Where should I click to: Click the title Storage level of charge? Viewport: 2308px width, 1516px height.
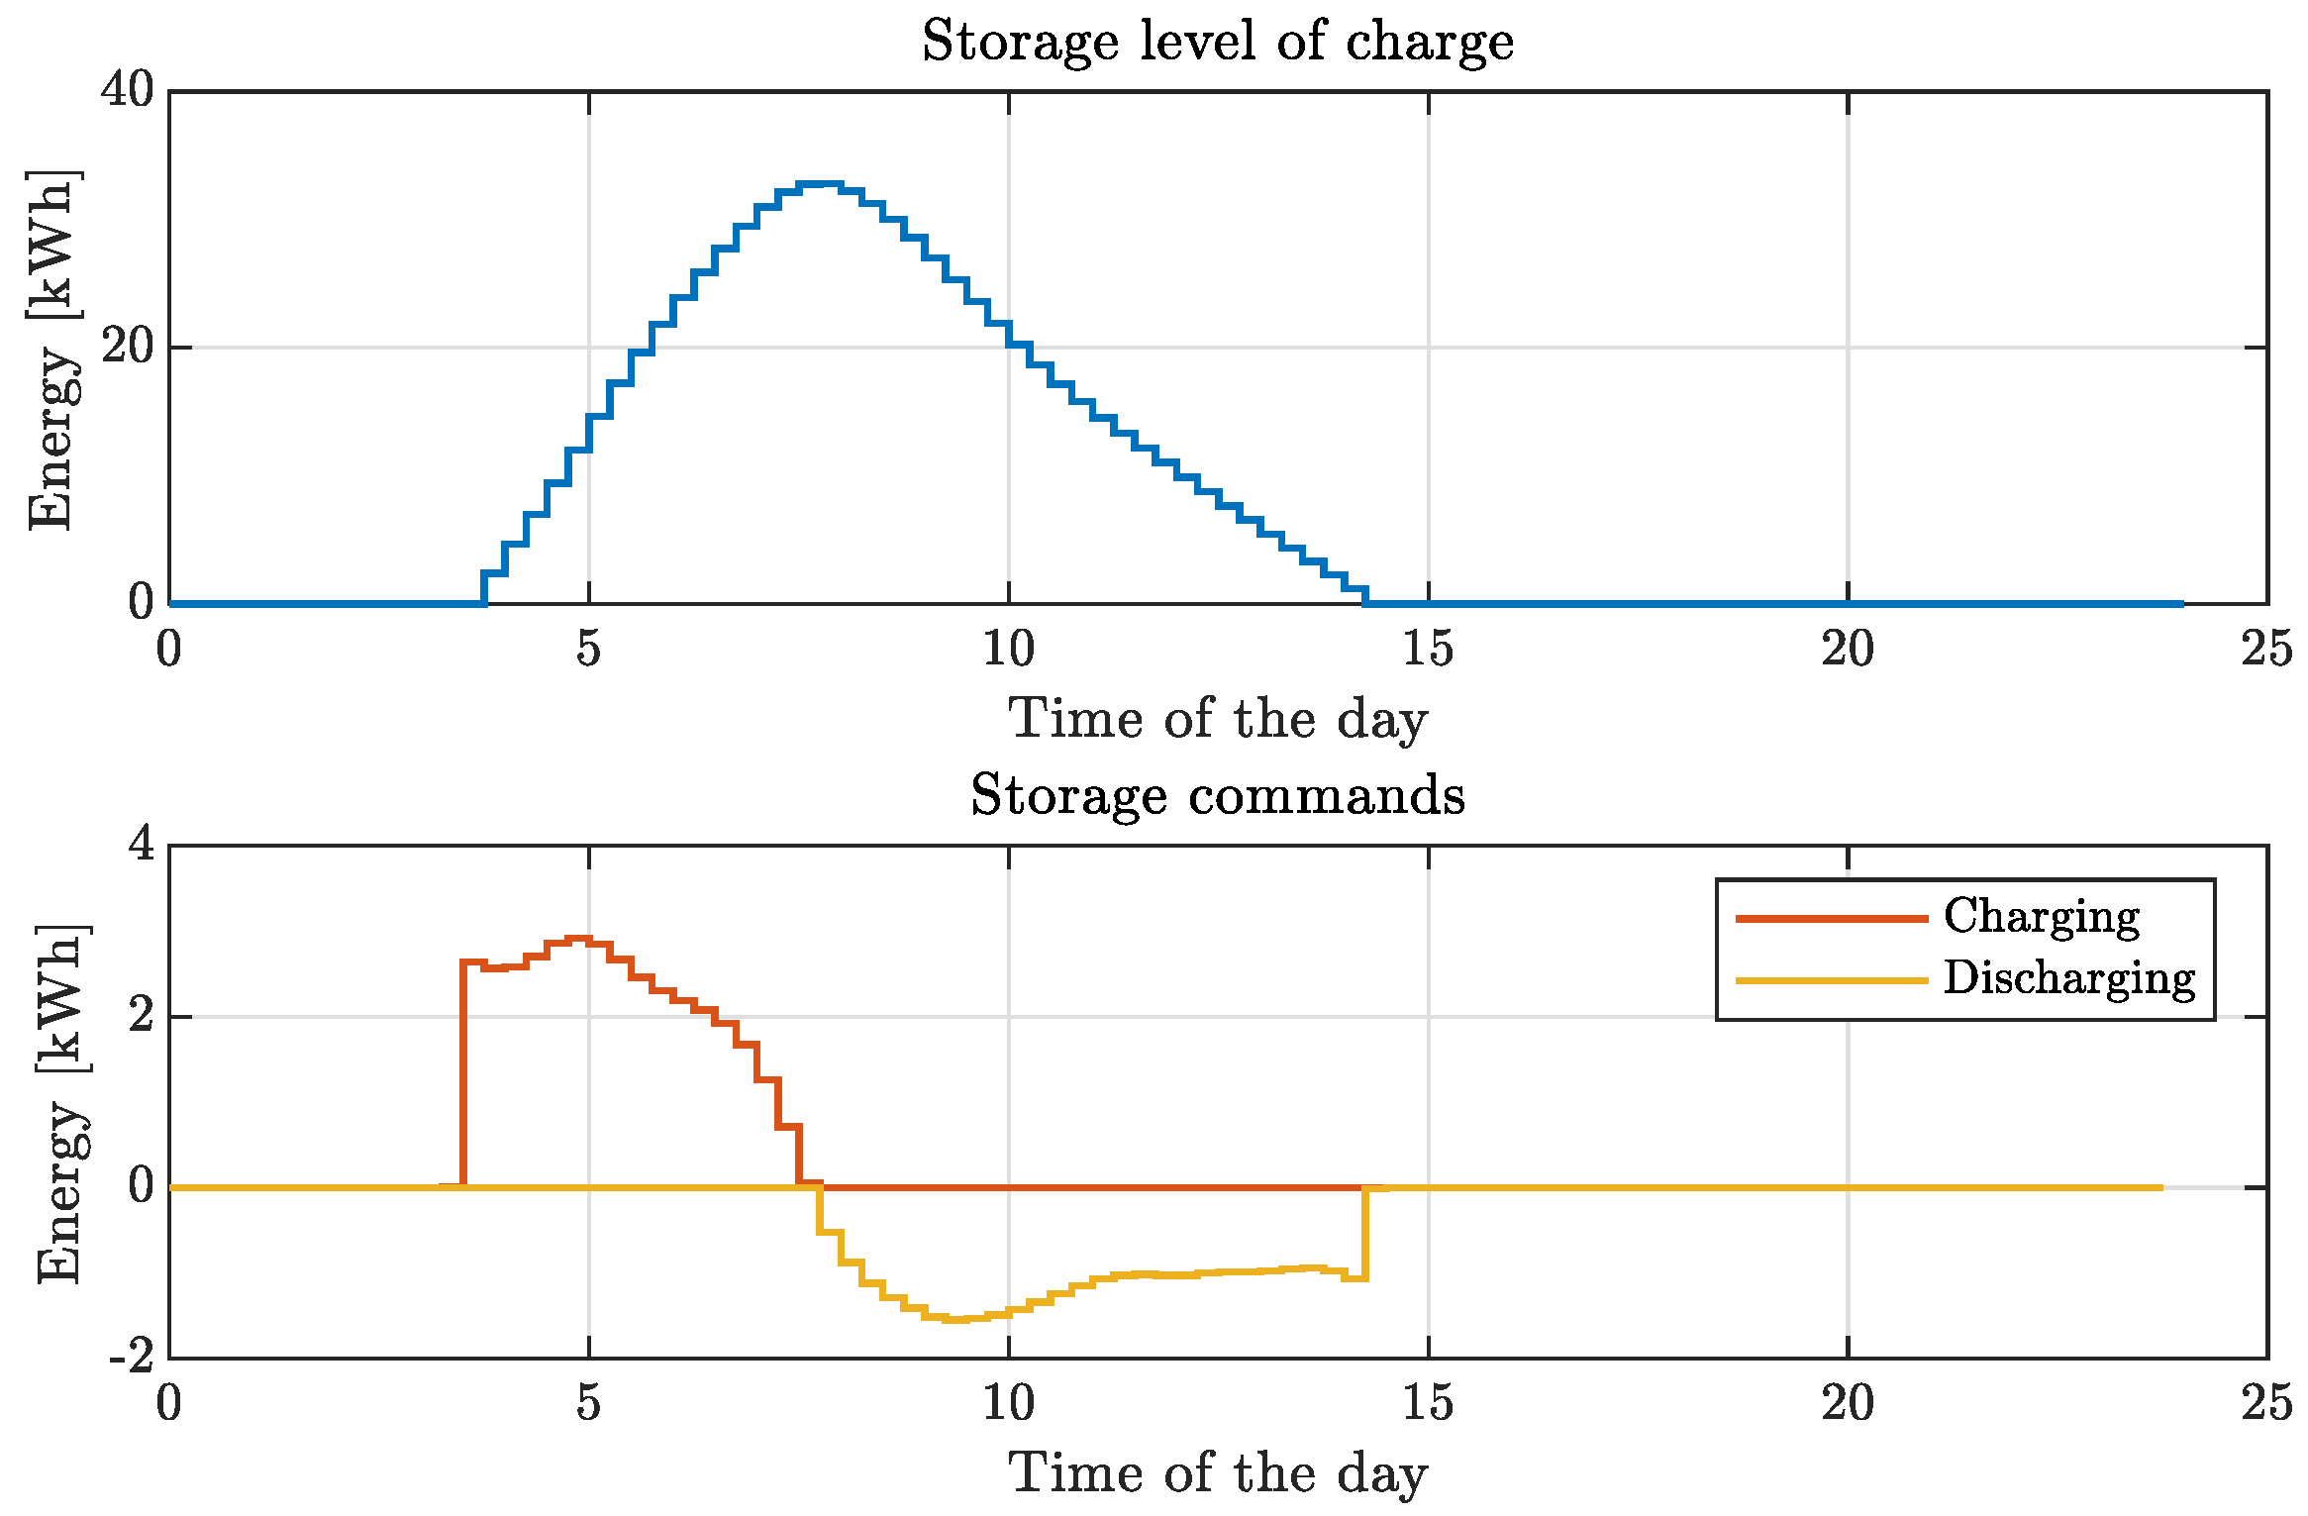(1217, 42)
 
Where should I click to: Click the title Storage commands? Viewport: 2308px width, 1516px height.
(1217, 795)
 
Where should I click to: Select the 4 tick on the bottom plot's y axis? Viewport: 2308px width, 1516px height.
(142, 846)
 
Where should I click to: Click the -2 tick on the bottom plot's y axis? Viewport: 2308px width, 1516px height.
(133, 1357)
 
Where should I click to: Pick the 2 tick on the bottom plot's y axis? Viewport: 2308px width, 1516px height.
(142, 1016)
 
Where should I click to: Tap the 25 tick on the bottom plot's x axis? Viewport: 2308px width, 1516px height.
(2266, 1404)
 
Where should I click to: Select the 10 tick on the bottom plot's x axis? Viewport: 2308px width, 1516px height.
(1008, 1404)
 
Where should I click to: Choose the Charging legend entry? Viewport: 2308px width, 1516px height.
(2041, 917)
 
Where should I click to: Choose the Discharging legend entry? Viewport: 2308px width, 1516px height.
(2068, 978)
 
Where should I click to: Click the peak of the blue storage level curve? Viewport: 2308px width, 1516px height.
(820, 184)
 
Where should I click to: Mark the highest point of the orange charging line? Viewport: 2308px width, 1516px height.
(578, 938)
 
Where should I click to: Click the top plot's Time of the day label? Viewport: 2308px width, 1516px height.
(1217, 720)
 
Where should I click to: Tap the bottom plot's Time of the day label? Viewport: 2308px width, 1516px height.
(1217, 1474)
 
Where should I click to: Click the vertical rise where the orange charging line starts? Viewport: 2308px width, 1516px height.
(462, 1074)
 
